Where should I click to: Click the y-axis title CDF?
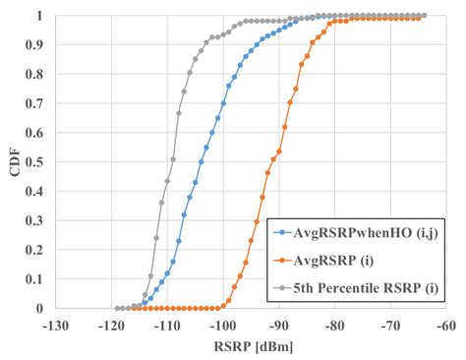point(13,162)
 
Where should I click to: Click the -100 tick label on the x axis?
point(223,325)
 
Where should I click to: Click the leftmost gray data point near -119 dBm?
point(117,308)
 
